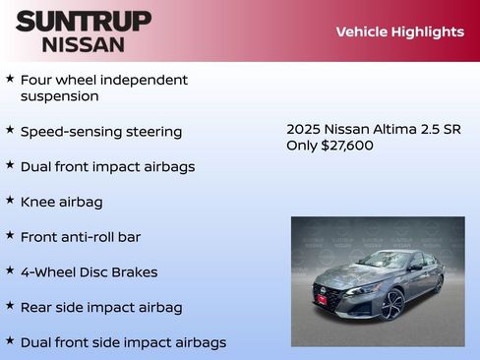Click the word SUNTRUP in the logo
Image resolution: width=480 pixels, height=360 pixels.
pyautogui.click(x=84, y=20)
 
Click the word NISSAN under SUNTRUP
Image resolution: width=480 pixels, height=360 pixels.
pyautogui.click(x=84, y=44)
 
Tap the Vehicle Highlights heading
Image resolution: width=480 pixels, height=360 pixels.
pyautogui.click(x=399, y=31)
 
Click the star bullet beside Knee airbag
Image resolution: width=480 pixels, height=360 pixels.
pyautogui.click(x=10, y=201)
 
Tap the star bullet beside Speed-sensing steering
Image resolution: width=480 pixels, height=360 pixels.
pyautogui.click(x=10, y=130)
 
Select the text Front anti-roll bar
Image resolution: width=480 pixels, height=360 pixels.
pyautogui.click(x=81, y=237)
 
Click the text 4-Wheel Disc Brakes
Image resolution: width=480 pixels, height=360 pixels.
pyautogui.click(x=89, y=272)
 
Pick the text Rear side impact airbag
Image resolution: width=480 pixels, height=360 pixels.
pyautogui.click(x=101, y=308)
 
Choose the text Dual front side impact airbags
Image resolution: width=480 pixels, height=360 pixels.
pyautogui.click(x=123, y=342)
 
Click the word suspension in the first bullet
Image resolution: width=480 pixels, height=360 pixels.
pyautogui.click(x=59, y=96)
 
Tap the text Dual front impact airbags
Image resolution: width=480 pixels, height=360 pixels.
pyautogui.click(x=107, y=167)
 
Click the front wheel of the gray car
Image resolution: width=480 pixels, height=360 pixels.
pyautogui.click(x=392, y=306)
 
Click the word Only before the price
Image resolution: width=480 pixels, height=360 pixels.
pyautogui.click(x=301, y=146)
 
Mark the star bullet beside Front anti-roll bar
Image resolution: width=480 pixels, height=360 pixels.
pyautogui.click(x=10, y=236)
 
